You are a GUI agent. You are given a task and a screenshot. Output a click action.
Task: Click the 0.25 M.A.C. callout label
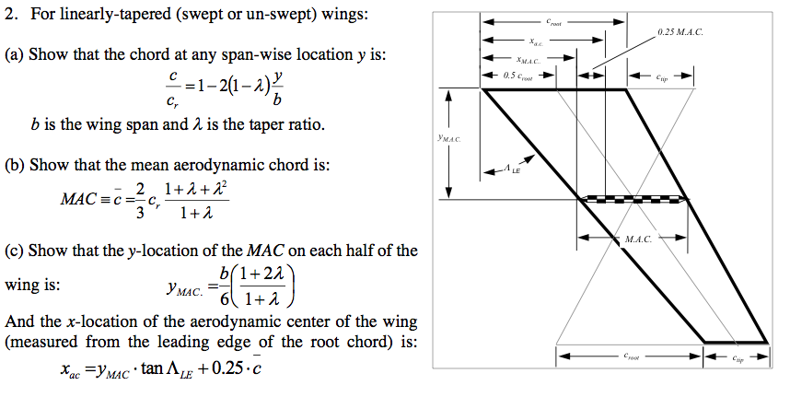click(679, 32)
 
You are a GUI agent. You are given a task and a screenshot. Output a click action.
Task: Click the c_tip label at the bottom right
click(738, 359)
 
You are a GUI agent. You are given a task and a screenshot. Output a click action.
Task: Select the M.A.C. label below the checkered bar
click(636, 239)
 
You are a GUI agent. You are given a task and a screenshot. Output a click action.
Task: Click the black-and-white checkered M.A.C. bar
click(634, 198)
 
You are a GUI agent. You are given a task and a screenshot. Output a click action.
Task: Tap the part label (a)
click(15, 55)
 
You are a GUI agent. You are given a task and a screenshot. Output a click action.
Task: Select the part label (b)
click(15, 165)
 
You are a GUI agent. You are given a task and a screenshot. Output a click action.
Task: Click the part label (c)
click(15, 250)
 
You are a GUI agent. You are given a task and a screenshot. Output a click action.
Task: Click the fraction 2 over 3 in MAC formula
click(140, 199)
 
